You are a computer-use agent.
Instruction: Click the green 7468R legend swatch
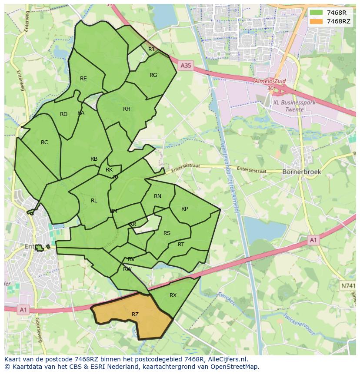[x=317, y=13]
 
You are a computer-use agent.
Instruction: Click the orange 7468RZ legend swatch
[x=317, y=21]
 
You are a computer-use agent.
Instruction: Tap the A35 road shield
[x=186, y=66]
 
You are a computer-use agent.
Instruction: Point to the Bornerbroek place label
[x=302, y=172]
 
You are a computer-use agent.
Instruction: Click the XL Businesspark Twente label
[x=294, y=106]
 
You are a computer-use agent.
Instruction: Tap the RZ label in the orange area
[x=135, y=314]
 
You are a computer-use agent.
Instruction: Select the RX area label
[x=173, y=295]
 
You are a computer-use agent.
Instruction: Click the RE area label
[x=83, y=79]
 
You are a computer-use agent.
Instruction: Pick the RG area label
[x=153, y=75]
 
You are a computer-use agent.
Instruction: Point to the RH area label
[x=127, y=109]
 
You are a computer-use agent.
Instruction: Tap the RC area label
[x=44, y=142]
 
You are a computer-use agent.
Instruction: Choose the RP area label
[x=184, y=209]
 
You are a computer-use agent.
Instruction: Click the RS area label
[x=167, y=233]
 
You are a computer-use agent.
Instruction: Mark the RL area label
[x=94, y=201]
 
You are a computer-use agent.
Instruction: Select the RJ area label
[x=151, y=50]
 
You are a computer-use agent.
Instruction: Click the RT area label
[x=181, y=245]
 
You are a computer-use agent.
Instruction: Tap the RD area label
[x=64, y=114]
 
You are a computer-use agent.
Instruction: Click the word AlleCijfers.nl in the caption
[x=227, y=359]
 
